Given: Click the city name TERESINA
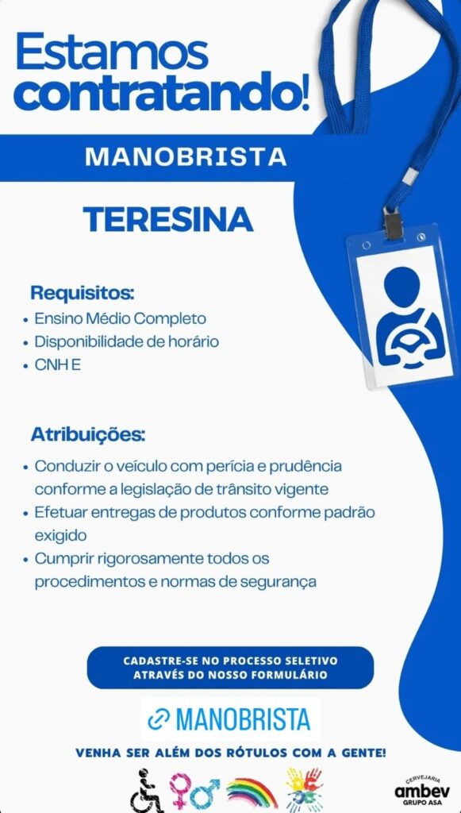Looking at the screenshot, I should (x=168, y=218).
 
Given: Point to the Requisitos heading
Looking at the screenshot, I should (x=82, y=292).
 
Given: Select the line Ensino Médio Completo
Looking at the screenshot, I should (x=120, y=318).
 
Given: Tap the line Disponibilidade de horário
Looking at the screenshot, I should (x=126, y=342).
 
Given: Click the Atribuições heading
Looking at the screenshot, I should (x=88, y=435).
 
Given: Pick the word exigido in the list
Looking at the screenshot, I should (x=60, y=535).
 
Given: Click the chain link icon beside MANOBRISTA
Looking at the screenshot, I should (x=159, y=719).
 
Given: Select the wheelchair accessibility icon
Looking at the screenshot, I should (x=147, y=789).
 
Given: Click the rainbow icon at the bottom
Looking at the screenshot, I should (x=252, y=792).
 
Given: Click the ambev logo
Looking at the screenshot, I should (x=422, y=790).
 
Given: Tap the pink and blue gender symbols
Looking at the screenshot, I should (x=194, y=791).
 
